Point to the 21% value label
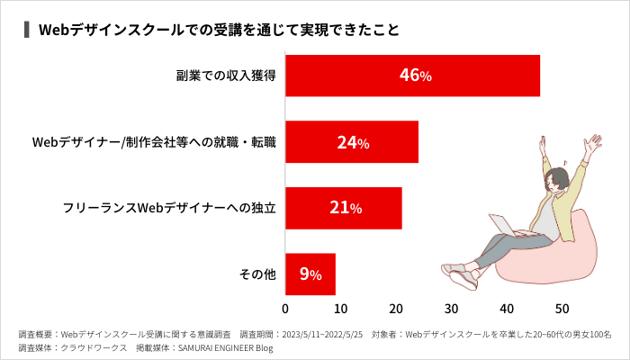pyautogui.click(x=346, y=208)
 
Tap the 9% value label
pyautogui.click(x=310, y=274)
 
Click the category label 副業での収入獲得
pyautogui.click(x=225, y=76)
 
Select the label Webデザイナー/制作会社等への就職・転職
pyautogui.click(x=154, y=142)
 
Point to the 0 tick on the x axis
pyautogui.click(x=285, y=309)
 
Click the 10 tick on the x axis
pyautogui.click(x=341, y=309)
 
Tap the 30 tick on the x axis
pyautogui.click(x=452, y=309)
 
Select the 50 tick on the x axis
pyautogui.click(x=562, y=309)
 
